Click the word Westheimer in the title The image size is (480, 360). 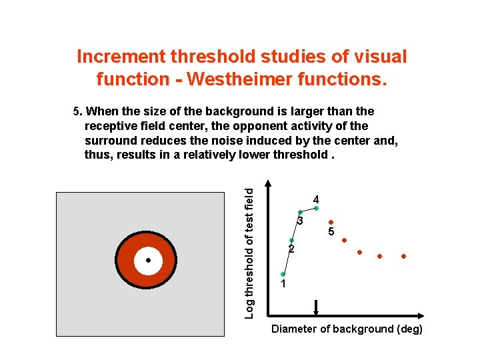tap(233, 79)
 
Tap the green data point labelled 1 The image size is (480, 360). tap(283, 275)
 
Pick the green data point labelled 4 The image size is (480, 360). tap(316, 208)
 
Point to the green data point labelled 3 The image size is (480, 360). tap(300, 212)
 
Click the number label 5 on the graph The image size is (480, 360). tap(329, 232)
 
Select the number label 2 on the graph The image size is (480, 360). tap(291, 249)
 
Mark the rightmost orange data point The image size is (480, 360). tap(404, 256)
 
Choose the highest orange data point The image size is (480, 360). tap(330, 223)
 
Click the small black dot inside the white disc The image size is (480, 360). tap(149, 260)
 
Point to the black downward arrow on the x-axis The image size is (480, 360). tap(316, 308)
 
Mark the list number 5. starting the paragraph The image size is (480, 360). tap(77, 111)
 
